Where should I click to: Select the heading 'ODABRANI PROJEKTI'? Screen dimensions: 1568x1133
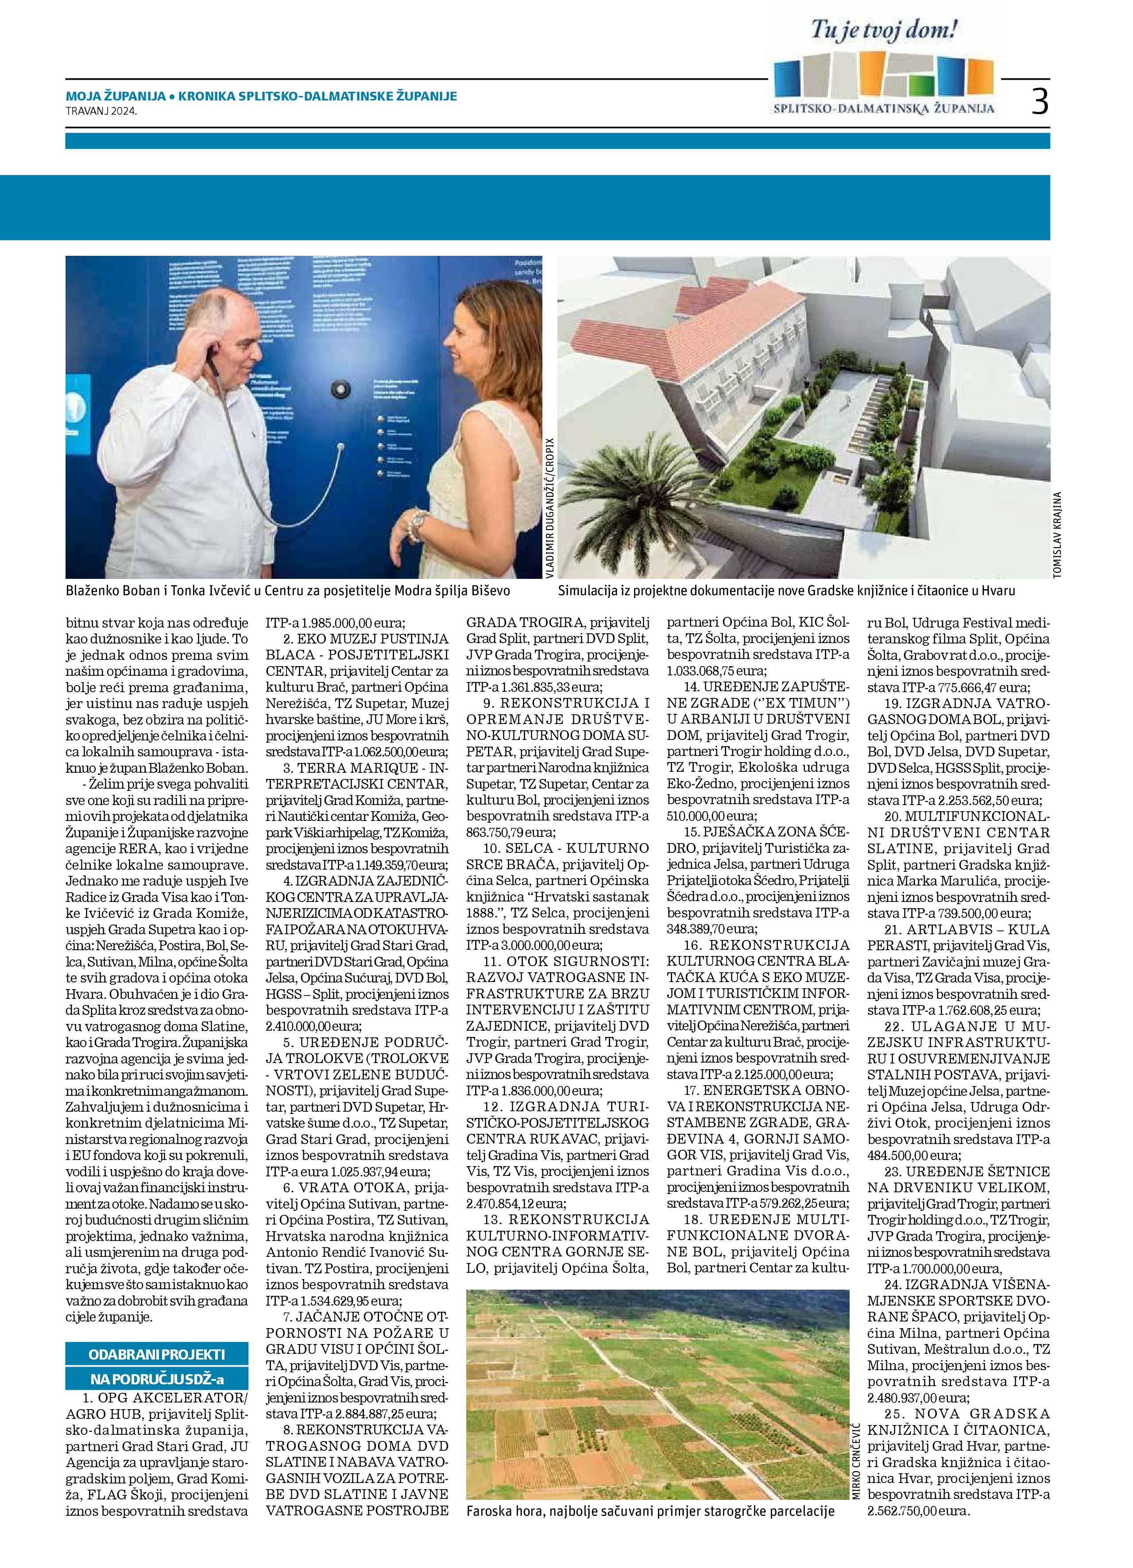coord(157,1354)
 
